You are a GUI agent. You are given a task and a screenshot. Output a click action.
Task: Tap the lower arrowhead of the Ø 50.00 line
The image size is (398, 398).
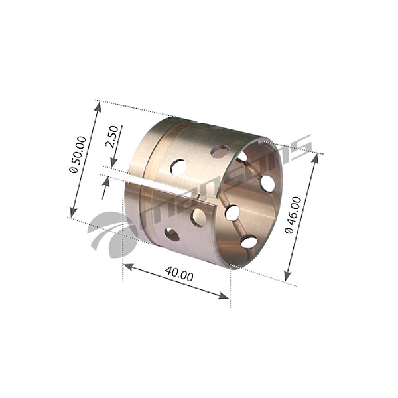coord(71,213)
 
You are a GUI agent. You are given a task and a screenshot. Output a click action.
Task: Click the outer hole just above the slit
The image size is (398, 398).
coord(178,166)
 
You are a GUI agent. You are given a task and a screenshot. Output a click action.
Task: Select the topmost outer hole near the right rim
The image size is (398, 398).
coord(220,151)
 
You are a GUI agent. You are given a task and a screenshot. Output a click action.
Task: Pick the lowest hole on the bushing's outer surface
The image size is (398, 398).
coord(171,233)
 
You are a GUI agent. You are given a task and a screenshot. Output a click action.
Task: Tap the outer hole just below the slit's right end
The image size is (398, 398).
coord(198,216)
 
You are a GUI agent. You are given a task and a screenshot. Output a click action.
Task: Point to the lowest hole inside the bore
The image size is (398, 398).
coord(249,242)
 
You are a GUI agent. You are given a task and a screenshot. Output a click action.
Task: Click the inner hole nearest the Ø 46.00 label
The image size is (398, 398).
coord(267,183)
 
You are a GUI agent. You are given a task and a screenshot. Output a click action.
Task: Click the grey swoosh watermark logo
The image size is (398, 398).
coord(111,229)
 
